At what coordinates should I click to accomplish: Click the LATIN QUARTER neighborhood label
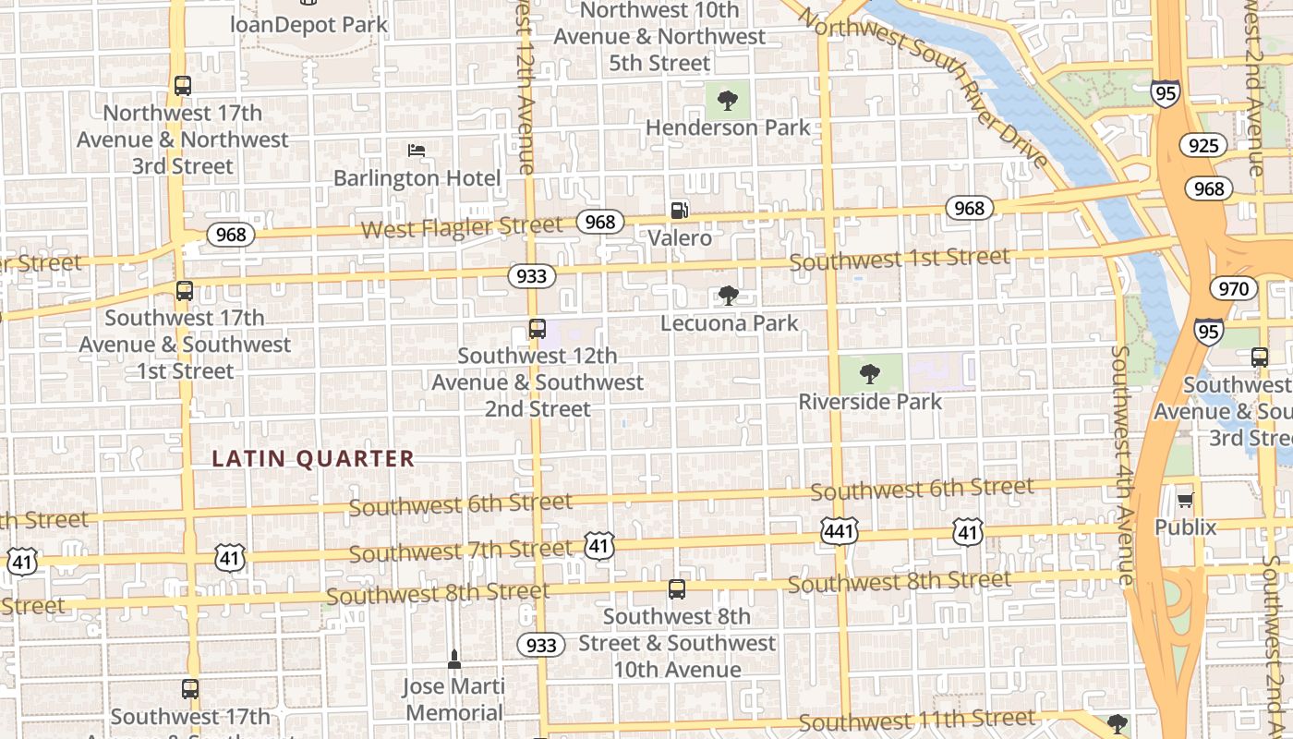(313, 458)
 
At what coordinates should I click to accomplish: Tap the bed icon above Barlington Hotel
(417, 151)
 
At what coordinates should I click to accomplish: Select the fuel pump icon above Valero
(679, 211)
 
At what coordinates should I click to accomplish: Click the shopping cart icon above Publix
(1185, 500)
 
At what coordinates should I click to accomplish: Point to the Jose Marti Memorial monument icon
(453, 660)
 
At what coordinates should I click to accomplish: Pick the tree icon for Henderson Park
(728, 100)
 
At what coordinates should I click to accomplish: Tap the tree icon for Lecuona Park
(729, 296)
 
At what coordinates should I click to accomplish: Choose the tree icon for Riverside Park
(869, 373)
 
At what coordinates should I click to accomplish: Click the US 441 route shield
(839, 531)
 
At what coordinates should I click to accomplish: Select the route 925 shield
(1202, 145)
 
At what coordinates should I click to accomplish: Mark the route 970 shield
(1233, 289)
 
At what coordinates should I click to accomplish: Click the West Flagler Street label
(461, 227)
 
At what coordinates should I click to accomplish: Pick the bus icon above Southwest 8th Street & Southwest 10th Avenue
(677, 588)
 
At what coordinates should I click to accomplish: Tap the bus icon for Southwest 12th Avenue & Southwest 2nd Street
(537, 328)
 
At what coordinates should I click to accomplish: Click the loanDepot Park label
(308, 24)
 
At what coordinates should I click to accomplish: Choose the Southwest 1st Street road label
(900, 260)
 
